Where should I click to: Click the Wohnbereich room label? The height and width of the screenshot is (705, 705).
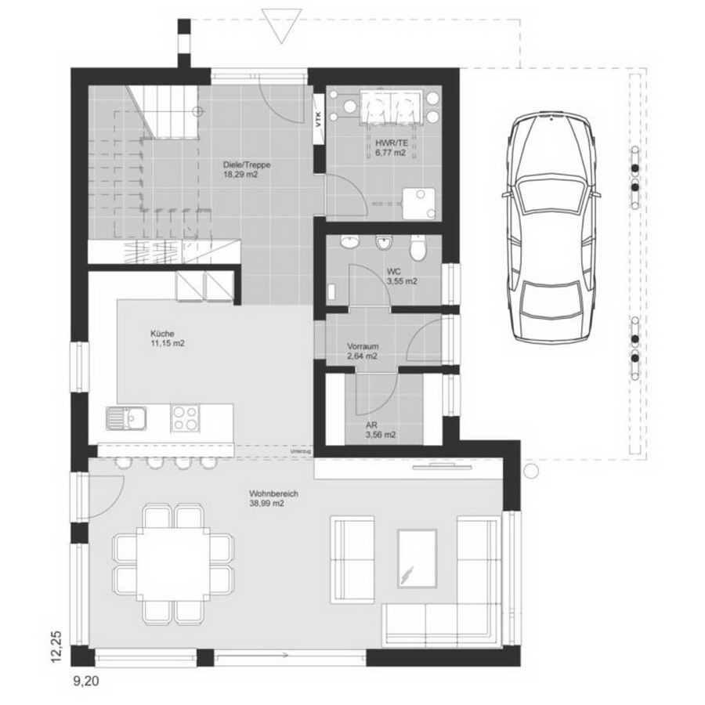point(273,493)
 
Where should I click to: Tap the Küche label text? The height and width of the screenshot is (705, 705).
point(162,334)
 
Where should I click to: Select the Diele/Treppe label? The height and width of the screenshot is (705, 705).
point(247,164)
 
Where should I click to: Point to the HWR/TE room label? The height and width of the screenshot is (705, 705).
point(392,143)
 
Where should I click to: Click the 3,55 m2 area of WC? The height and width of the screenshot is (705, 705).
point(402,281)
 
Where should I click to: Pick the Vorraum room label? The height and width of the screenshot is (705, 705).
point(363,346)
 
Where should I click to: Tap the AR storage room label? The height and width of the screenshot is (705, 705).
point(371,425)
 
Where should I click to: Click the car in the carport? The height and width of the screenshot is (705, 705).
point(551,226)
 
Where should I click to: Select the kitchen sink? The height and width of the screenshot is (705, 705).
point(126,418)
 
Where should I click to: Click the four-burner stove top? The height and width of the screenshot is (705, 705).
point(185,418)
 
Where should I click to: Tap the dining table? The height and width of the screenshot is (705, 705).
point(172,564)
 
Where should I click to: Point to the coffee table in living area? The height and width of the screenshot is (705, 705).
point(418,559)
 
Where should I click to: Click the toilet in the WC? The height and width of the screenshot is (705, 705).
point(418,248)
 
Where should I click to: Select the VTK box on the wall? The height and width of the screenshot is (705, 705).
point(318,119)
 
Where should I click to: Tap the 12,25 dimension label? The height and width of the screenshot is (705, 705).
point(56,646)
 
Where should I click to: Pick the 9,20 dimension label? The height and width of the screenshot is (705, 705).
point(86,681)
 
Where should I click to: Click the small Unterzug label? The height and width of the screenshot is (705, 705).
point(298,451)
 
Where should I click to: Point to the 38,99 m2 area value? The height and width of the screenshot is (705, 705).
point(266,504)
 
